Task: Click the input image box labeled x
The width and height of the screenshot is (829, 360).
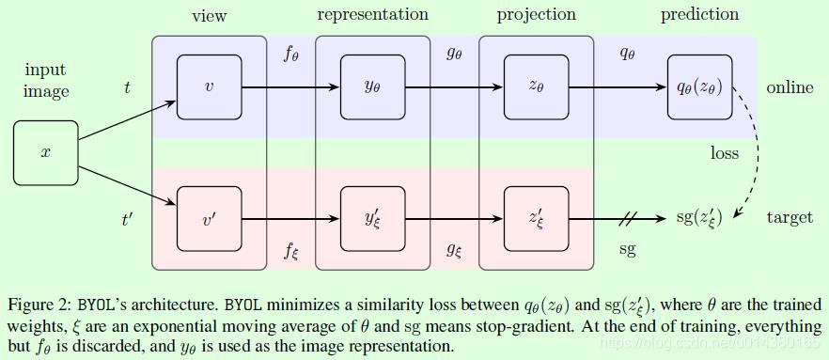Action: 46,152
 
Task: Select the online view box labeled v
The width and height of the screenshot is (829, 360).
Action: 209,86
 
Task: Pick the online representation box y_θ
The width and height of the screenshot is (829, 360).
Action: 372,86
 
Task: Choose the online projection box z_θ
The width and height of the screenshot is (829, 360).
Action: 536,86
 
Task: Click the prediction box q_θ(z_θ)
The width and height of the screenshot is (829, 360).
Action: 699,86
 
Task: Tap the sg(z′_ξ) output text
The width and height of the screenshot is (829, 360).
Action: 699,218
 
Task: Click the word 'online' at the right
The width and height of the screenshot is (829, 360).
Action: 790,87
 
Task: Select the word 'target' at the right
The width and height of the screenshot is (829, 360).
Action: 790,217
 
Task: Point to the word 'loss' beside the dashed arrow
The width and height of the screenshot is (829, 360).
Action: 724,152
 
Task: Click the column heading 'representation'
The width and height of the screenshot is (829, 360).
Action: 372,14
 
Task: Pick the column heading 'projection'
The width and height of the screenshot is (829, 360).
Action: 536,15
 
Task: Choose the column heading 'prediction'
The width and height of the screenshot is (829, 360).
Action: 699,15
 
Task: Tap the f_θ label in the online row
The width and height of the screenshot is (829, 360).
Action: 291,53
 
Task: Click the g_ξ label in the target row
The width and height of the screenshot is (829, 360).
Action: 455,250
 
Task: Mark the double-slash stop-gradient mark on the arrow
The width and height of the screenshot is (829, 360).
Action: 628,218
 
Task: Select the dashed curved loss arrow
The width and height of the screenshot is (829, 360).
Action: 749,150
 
